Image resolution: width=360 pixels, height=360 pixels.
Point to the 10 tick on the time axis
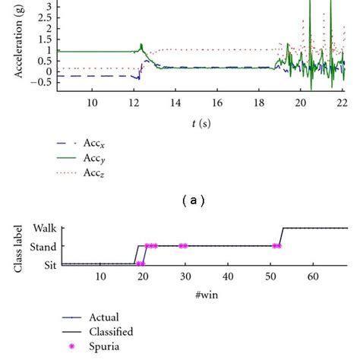[x=92, y=103]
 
